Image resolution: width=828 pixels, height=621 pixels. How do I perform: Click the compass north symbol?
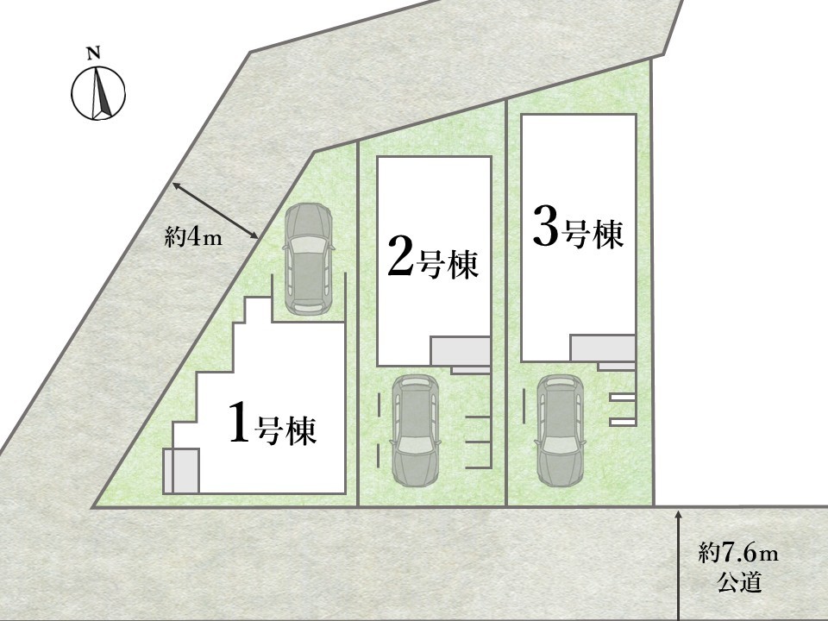[x=98, y=93]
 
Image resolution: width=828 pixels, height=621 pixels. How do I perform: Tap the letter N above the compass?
[x=93, y=53]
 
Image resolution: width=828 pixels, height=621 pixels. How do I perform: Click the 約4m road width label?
[x=193, y=239]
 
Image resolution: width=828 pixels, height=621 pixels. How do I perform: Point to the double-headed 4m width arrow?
[x=215, y=210]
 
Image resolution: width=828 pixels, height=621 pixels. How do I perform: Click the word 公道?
[x=739, y=582]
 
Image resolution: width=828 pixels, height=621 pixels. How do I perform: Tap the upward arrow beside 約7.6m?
[x=678, y=564]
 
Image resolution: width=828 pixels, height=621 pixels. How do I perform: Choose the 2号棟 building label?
[x=433, y=258]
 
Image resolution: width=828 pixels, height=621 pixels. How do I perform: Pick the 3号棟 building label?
[x=578, y=228]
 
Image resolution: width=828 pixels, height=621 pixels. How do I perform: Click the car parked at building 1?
[x=309, y=260]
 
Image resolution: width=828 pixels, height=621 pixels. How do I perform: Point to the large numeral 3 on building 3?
[x=546, y=226]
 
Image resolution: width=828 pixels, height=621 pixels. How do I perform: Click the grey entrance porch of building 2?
[x=461, y=351]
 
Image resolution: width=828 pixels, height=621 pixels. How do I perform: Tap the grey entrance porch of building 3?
[x=603, y=348]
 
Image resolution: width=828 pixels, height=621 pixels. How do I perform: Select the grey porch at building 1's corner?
[x=180, y=471]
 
